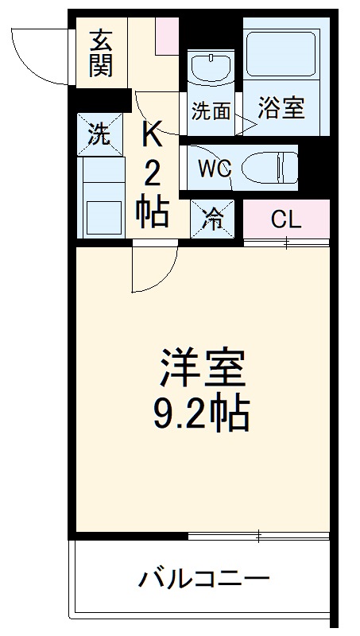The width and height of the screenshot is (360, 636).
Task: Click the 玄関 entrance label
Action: pos(101,53)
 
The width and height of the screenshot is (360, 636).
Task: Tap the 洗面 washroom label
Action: pos(211,111)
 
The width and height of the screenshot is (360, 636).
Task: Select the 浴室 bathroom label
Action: pos(281,109)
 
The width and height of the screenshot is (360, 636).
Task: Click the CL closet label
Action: pos(286,219)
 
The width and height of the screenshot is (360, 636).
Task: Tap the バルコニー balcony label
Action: pos(205,578)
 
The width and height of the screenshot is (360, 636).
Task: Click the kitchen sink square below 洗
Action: pos(101,215)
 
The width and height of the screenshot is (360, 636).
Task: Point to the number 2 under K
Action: pos(152,173)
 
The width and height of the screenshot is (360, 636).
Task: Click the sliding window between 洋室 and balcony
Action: pos(258,537)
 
